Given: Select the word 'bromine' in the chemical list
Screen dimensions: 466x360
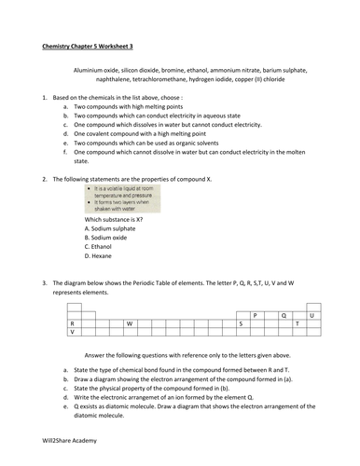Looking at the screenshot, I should pos(195,69).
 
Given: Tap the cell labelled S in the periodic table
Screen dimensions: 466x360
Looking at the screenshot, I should pos(241,322).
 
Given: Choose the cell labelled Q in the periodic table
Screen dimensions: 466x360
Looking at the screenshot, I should pos(283,315).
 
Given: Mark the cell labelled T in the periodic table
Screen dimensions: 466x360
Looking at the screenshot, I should pos(298,322).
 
